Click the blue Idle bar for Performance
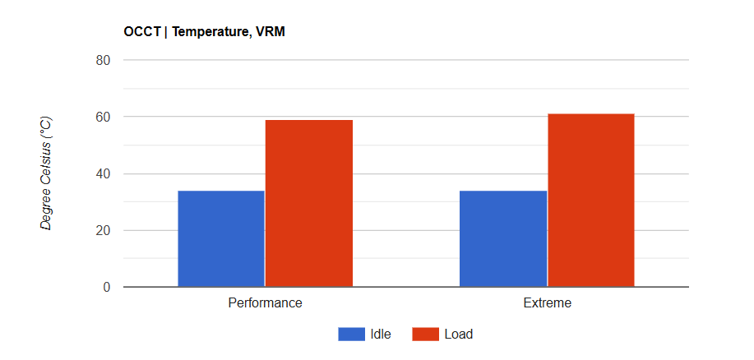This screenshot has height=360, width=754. point(221,238)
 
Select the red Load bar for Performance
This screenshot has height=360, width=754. point(309,204)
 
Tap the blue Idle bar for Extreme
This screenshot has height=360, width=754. point(503,238)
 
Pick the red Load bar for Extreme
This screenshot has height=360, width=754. point(591,201)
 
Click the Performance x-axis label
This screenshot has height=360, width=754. point(265,302)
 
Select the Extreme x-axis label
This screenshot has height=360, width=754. point(547,302)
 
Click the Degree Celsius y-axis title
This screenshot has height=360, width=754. point(47,173)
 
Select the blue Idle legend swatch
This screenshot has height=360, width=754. point(351,334)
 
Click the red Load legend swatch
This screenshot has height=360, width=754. point(424,334)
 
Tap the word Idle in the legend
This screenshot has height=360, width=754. point(381,334)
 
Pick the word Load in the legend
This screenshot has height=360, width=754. point(458,334)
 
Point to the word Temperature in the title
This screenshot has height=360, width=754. point(206,32)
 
